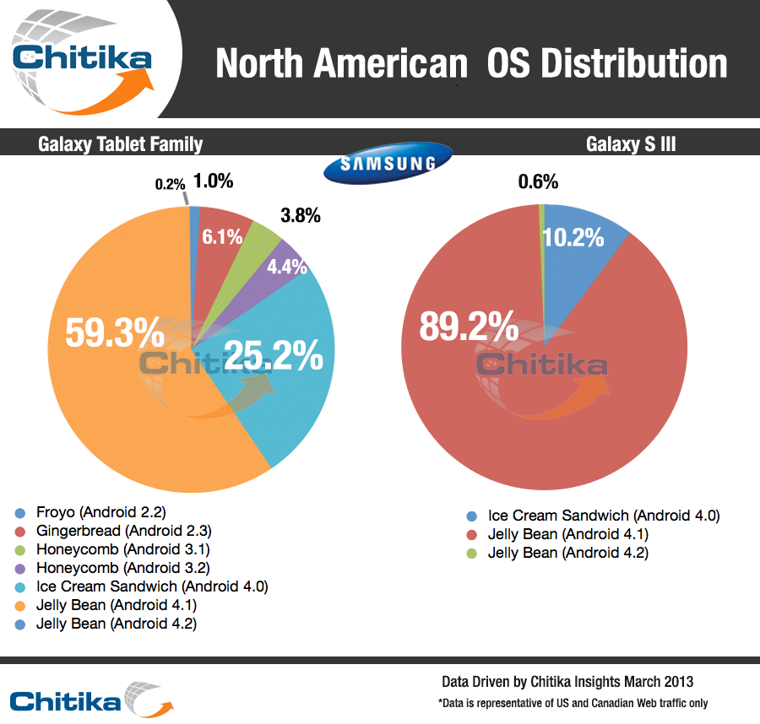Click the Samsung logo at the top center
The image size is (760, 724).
click(388, 164)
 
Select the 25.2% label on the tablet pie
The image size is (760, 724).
click(274, 355)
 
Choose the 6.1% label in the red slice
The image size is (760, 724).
click(221, 237)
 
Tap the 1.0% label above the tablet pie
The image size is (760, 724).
click(213, 181)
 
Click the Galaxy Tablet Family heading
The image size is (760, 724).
click(121, 144)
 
